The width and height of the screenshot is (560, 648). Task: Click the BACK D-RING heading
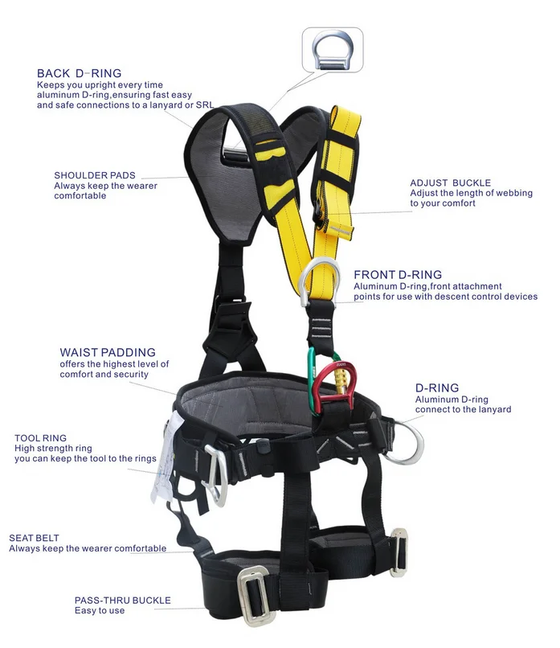[79, 74]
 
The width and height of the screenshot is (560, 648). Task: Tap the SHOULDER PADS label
[95, 175]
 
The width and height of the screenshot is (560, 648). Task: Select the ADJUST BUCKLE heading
[450, 183]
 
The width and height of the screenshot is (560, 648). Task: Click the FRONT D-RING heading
[398, 275]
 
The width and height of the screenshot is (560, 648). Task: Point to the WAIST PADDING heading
[108, 352]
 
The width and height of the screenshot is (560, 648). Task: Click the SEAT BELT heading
[34, 538]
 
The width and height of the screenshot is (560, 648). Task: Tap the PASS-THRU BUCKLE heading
[122, 600]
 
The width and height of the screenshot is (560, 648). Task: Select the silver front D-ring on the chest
[315, 281]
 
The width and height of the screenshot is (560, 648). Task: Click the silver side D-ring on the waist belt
[406, 441]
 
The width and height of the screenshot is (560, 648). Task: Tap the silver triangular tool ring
[216, 474]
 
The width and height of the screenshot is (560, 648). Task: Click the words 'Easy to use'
[100, 611]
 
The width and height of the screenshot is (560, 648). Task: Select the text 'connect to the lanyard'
[463, 410]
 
